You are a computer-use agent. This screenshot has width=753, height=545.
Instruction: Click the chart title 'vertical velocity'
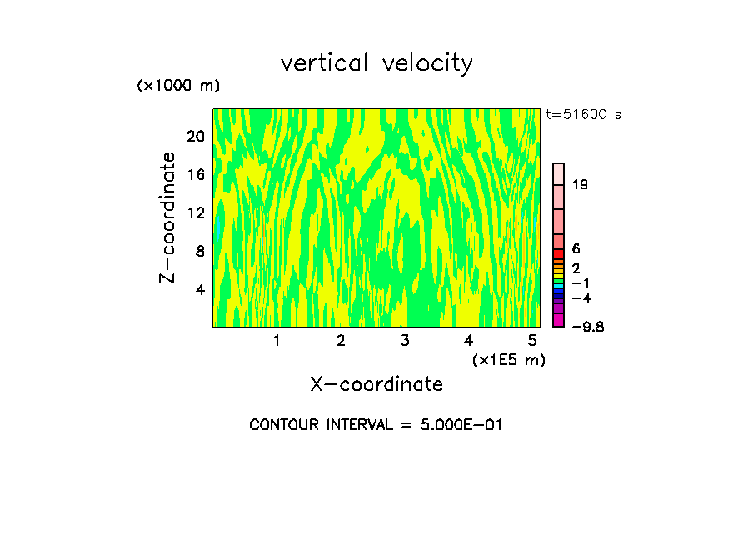(x=376, y=63)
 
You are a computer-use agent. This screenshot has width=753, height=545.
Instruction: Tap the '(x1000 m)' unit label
(x=178, y=86)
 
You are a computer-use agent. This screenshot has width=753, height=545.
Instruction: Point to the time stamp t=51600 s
(x=583, y=115)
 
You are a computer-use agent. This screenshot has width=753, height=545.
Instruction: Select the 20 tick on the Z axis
(x=196, y=136)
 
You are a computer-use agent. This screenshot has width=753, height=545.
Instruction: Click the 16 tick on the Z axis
(x=196, y=174)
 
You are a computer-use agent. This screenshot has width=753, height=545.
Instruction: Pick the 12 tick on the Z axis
(x=196, y=212)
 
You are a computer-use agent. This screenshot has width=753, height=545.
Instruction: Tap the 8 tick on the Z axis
(x=200, y=251)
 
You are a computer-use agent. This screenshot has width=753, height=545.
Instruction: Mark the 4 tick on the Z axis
(x=200, y=289)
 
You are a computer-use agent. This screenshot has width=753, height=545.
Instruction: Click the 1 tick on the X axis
(x=277, y=341)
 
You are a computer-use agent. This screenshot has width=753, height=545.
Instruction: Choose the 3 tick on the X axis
(x=404, y=341)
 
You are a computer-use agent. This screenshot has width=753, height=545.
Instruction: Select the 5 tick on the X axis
(x=531, y=341)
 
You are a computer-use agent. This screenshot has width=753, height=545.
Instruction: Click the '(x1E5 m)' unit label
(x=508, y=359)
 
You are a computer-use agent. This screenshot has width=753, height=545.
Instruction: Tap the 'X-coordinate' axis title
(x=376, y=384)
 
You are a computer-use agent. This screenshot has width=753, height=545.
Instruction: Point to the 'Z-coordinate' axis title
(x=169, y=217)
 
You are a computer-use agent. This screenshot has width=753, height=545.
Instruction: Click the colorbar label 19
(x=581, y=184)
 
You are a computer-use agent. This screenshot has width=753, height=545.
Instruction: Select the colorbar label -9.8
(x=587, y=326)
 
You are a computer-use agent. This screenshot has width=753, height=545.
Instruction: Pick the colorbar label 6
(x=576, y=248)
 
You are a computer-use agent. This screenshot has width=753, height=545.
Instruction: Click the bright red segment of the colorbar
(x=559, y=253)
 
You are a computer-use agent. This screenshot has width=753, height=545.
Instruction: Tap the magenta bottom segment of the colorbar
(x=559, y=320)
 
